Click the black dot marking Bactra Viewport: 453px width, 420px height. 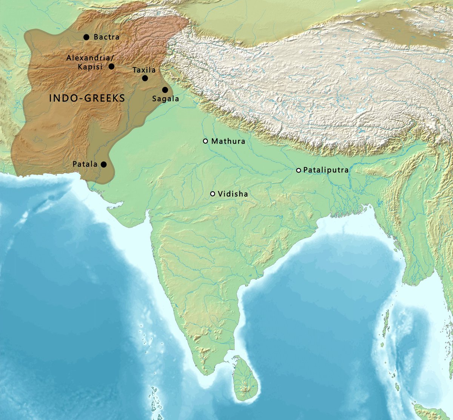(86, 37)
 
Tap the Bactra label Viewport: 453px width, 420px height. (106, 37)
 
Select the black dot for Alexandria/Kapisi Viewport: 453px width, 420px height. (111, 67)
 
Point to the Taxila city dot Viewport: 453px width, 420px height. (145, 78)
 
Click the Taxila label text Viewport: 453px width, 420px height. (144, 70)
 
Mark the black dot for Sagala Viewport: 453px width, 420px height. (165, 90)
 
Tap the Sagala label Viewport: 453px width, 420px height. (165, 99)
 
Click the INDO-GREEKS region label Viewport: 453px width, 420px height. (87, 99)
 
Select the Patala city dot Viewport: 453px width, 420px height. (103, 164)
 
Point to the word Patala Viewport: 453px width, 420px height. (85, 164)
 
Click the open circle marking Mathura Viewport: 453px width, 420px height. (205, 141)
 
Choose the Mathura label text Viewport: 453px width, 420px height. (228, 141)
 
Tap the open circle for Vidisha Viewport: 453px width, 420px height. (213, 194)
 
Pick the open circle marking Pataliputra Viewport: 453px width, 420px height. (299, 170)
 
